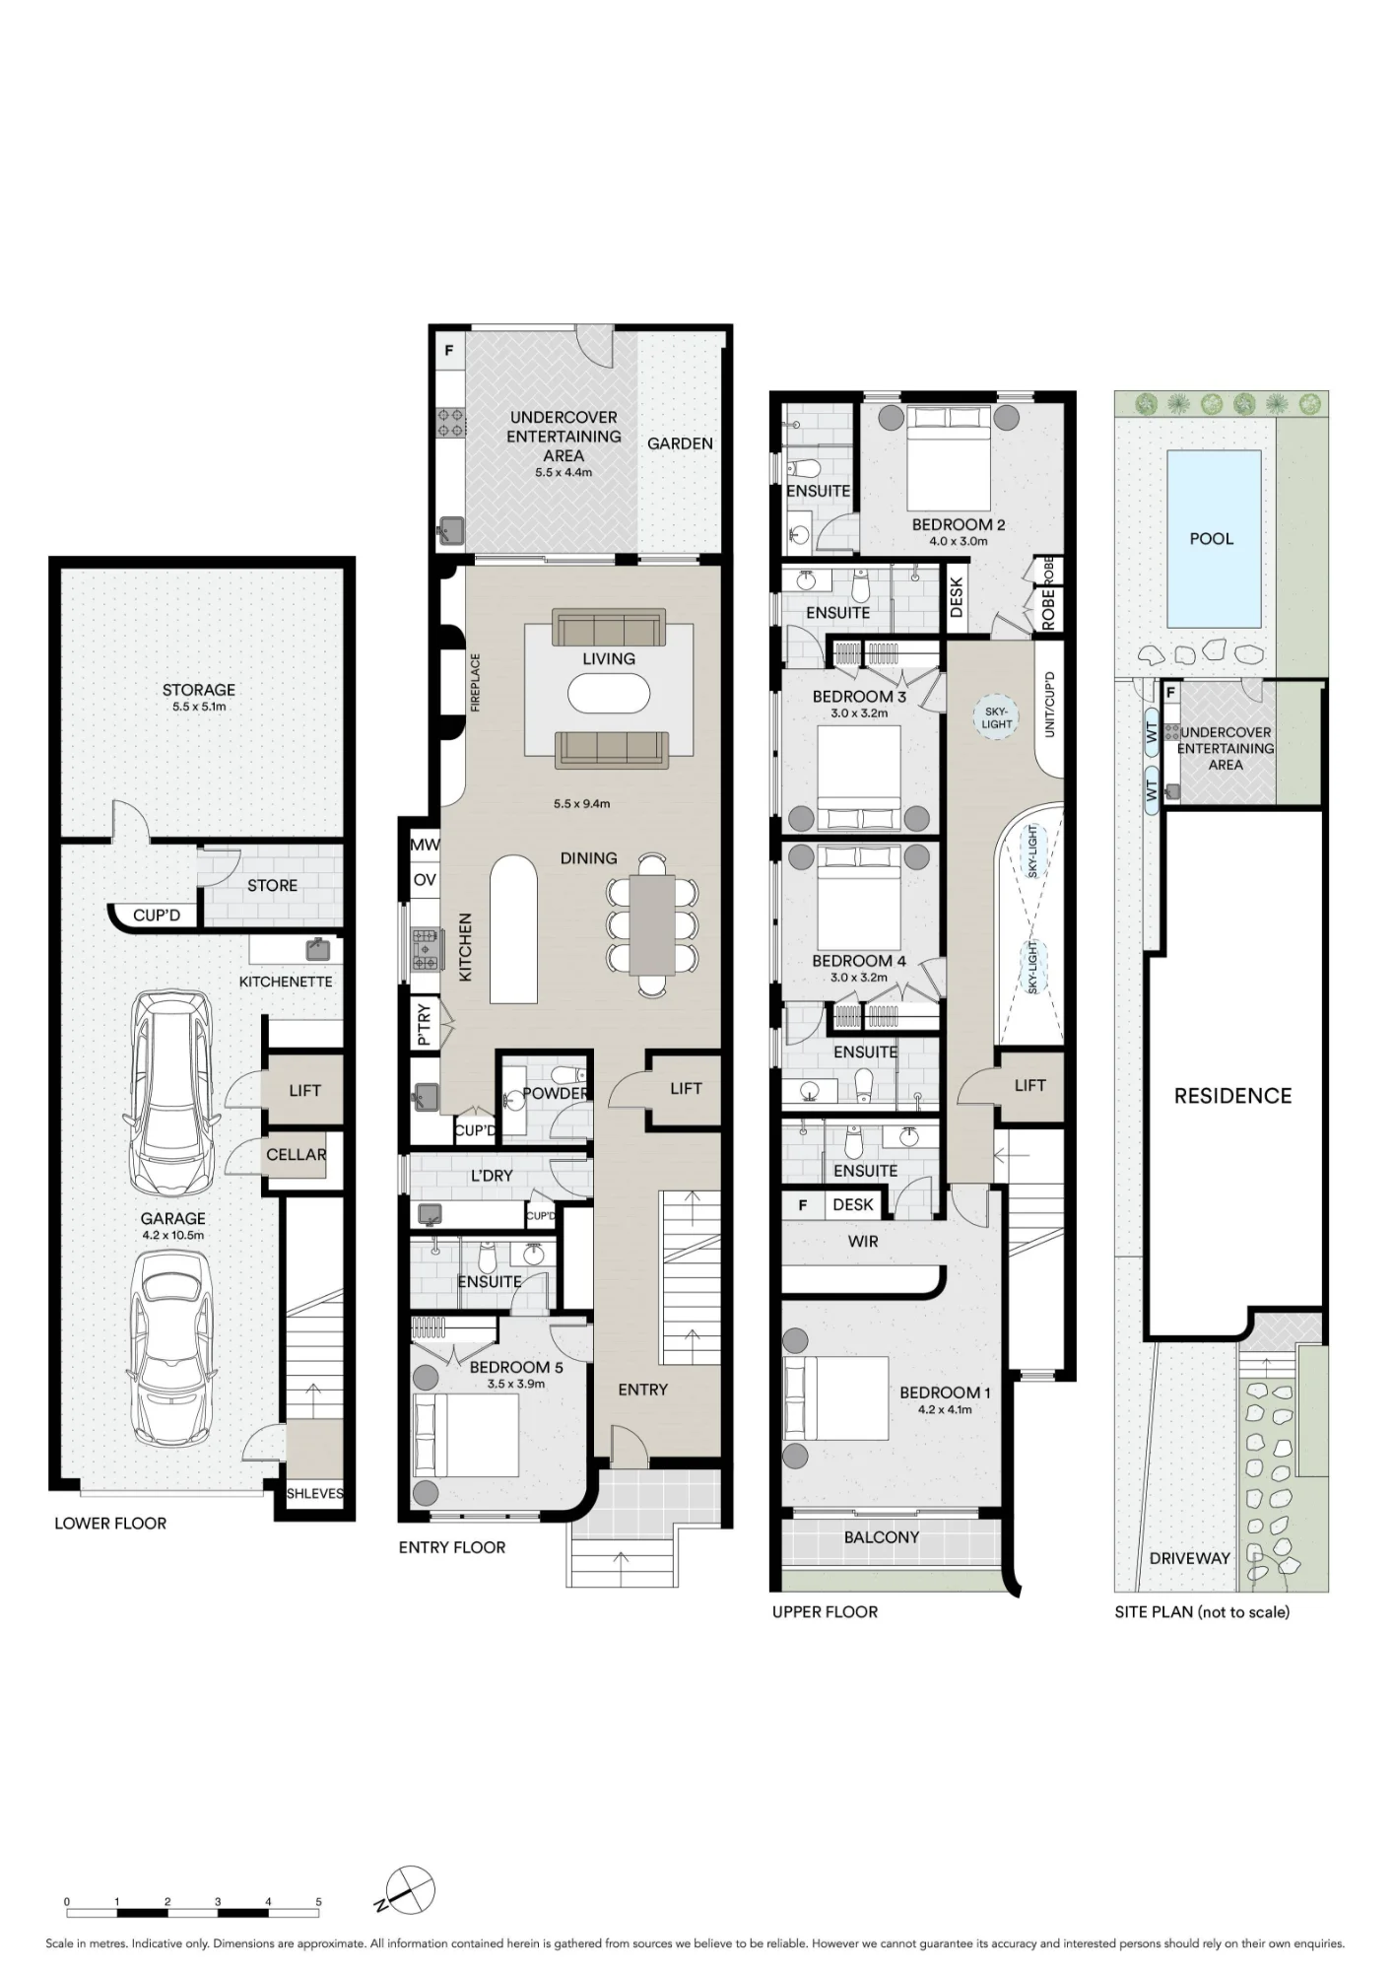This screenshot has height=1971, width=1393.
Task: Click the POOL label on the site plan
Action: (1211, 539)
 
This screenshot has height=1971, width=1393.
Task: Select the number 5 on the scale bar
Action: (318, 1902)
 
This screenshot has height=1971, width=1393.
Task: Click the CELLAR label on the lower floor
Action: (296, 1154)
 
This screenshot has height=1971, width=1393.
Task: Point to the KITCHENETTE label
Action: (286, 982)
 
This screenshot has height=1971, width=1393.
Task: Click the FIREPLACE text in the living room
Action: (475, 682)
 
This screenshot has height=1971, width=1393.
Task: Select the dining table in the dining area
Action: (652, 924)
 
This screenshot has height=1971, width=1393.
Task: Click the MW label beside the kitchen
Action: (425, 845)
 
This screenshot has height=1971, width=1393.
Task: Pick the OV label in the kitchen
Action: (425, 880)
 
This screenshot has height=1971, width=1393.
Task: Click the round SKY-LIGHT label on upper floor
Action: (996, 717)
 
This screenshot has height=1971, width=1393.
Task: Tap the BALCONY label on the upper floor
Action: (882, 1537)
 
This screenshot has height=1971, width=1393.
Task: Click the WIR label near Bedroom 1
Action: (863, 1242)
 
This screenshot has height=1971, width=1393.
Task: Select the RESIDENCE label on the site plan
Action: (1232, 1096)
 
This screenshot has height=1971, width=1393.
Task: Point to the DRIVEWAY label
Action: (1190, 1558)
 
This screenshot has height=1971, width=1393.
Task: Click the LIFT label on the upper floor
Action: (1029, 1085)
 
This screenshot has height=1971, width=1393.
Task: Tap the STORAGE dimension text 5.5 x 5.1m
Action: (199, 707)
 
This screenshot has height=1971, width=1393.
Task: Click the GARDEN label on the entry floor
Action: (680, 443)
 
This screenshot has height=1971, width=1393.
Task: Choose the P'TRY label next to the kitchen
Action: (425, 1024)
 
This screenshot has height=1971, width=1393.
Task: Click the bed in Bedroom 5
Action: (466, 1436)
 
